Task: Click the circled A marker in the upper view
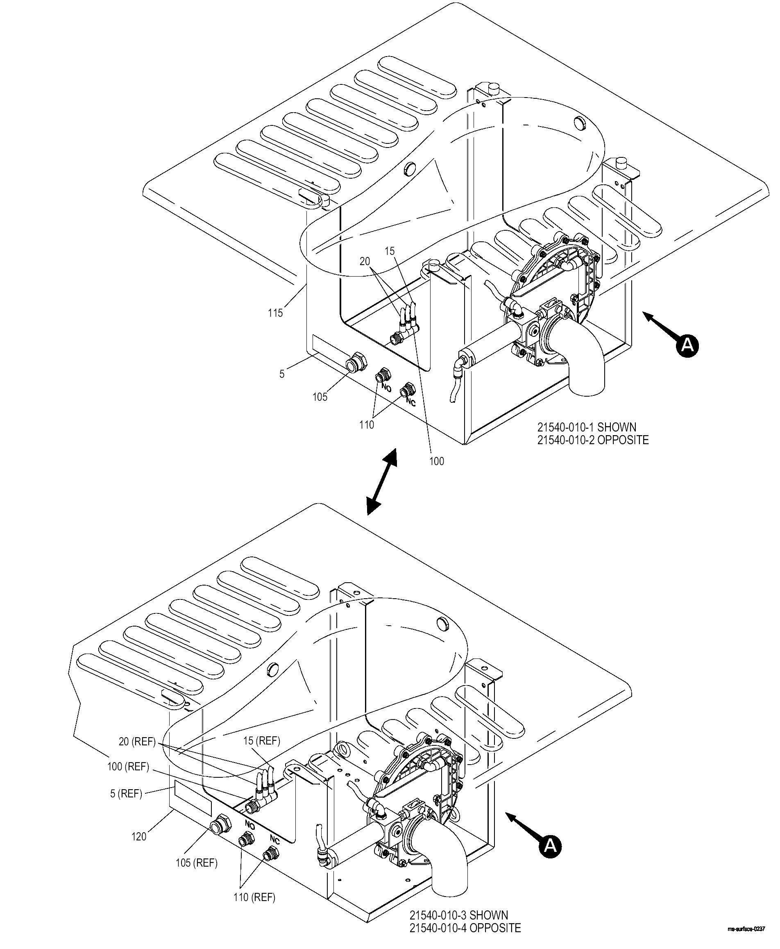[687, 345]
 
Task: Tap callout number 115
[275, 313]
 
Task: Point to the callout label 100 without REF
[436, 461]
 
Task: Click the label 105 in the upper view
[320, 397]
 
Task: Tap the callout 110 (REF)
[254, 897]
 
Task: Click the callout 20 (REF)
[137, 741]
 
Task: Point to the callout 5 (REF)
[126, 794]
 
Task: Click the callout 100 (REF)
[128, 767]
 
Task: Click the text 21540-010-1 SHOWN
[587, 427]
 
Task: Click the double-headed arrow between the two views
[381, 481]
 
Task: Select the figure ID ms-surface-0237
[747, 929]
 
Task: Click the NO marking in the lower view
[250, 824]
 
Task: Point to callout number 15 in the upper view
[390, 251]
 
